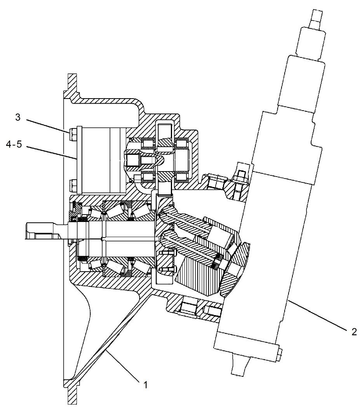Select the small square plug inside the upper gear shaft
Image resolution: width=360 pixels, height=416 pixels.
132,159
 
